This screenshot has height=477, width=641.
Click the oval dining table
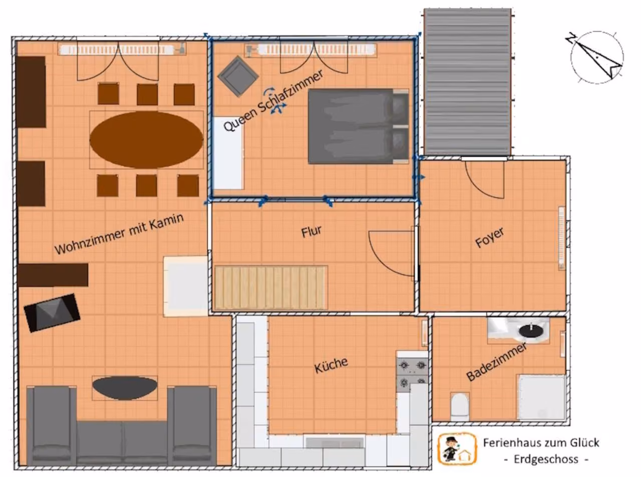pyautogui.click(x=146, y=140)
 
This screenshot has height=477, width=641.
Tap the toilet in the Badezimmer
pyautogui.click(x=460, y=406)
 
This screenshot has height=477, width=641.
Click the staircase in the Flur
pyautogui.click(x=271, y=288)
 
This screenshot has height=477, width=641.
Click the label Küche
pyautogui.click(x=331, y=365)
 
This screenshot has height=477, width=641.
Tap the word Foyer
pyautogui.click(x=490, y=238)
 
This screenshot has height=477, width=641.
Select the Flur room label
pyautogui.click(x=311, y=231)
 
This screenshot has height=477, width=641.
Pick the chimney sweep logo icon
pyautogui.click(x=457, y=448)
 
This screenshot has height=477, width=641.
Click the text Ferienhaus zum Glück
pyautogui.click(x=541, y=443)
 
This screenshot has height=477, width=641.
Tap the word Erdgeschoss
pyautogui.click(x=546, y=459)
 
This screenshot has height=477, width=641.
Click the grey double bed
pyautogui.click(x=359, y=126)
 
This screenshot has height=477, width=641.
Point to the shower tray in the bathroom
pyautogui.click(x=541, y=397)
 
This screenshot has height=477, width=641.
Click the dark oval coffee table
pyautogui.click(x=125, y=388)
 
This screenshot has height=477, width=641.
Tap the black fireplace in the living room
pyautogui.click(x=52, y=313)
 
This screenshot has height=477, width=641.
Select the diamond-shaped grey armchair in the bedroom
pyautogui.click(x=238, y=76)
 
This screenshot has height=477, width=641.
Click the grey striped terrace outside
pyautogui.click(x=468, y=82)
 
